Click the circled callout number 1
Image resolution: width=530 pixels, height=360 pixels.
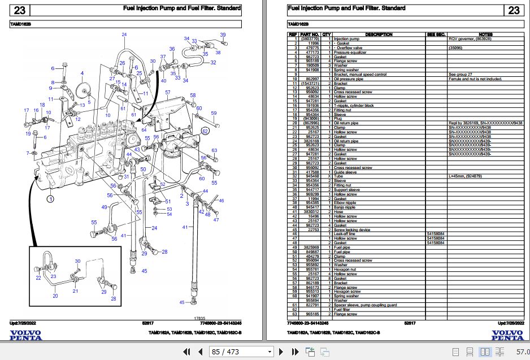coord(50,199)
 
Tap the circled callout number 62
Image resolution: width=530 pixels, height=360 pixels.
coord(206,131)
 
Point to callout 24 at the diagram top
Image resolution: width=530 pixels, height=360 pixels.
coord(124,35)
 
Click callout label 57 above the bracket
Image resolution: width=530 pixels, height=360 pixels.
coord(167,92)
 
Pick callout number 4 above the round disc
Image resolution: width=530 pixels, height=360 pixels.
coord(82,73)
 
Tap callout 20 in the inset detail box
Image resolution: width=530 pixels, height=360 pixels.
coord(55,296)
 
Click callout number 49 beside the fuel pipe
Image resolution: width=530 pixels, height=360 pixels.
coord(105,207)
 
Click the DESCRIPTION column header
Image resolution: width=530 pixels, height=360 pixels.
coord(379,34)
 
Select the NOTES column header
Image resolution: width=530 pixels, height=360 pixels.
coord(485,34)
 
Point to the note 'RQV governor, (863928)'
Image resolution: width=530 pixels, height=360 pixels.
coord(469,39)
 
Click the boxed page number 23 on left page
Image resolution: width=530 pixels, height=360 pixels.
coord(20,10)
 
